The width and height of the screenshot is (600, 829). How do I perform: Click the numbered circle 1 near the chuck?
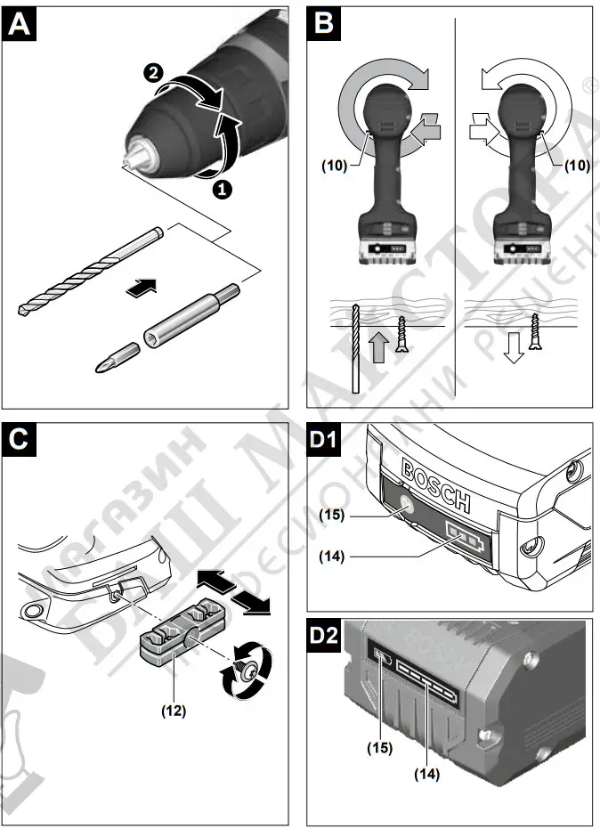[x=222, y=188]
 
